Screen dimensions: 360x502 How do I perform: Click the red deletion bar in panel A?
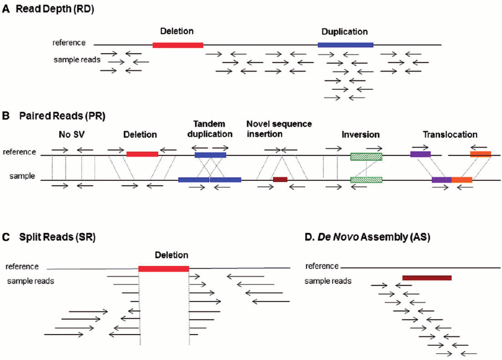click(x=177, y=45)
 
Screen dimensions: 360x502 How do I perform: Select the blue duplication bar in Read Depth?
click(x=345, y=45)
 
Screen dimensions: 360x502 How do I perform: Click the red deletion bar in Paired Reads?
click(x=142, y=154)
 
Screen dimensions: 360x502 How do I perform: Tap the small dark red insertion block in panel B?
click(x=280, y=179)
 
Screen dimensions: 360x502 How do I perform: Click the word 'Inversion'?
click(x=360, y=134)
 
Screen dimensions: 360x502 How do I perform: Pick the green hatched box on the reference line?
click(x=366, y=157)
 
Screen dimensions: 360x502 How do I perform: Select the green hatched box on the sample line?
click(x=366, y=179)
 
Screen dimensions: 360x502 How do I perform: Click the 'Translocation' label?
click(x=450, y=134)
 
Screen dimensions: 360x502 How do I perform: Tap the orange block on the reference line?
click(x=480, y=154)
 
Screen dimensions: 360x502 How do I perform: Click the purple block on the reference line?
click(x=420, y=154)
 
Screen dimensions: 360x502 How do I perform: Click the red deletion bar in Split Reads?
click(x=164, y=268)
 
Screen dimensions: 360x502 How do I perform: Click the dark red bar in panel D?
click(x=426, y=277)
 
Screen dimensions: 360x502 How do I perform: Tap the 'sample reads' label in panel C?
click(x=31, y=280)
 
